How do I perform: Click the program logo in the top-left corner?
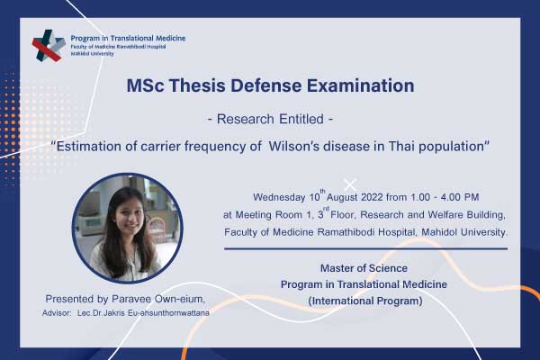coord(49,46)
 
